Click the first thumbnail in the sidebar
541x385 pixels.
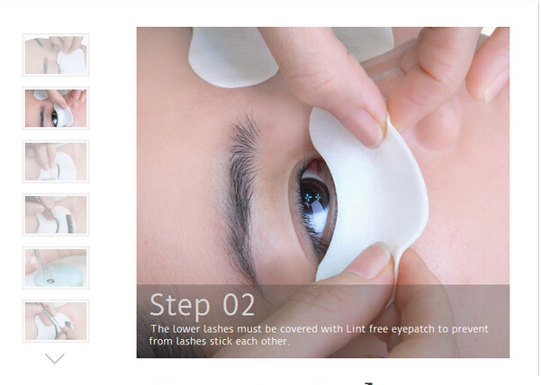[56, 55]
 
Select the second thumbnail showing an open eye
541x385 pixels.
[56, 108]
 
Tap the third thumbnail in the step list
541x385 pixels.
[56, 161]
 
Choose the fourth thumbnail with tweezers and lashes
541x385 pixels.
[56, 215]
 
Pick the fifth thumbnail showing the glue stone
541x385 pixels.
[56, 268]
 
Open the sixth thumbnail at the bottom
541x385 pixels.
[56, 321]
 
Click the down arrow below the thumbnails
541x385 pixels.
[55, 358]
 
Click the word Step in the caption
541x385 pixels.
[180, 305]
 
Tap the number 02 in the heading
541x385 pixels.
[239, 305]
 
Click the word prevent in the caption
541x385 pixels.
[470, 329]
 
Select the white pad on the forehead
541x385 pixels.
[232, 57]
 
